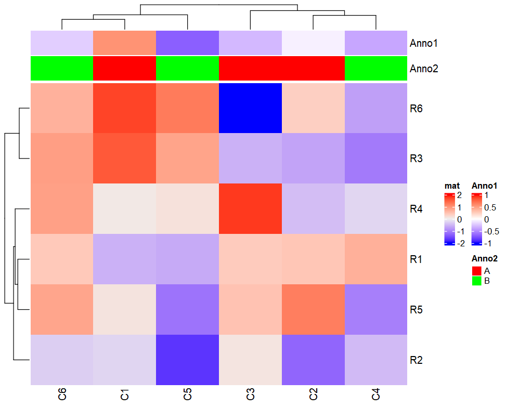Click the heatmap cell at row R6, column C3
[x=250, y=108]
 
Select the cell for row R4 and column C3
[x=250, y=208]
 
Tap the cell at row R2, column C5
[x=188, y=360]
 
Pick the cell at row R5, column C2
[x=313, y=309]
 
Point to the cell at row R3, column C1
[x=125, y=158]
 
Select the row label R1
[x=417, y=259]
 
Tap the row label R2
[x=417, y=360]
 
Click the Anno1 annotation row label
[x=424, y=43]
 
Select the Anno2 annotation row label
[x=424, y=69]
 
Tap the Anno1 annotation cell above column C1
[x=125, y=43]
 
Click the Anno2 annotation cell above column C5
[x=188, y=68]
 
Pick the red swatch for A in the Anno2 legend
[x=476, y=271]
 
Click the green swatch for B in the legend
[x=476, y=281]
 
